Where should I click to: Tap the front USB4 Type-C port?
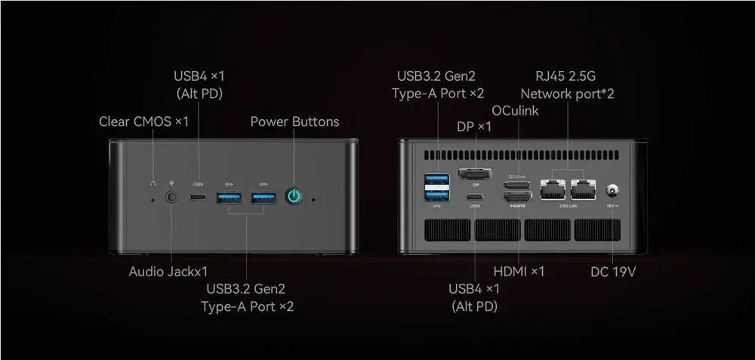[x=199, y=198]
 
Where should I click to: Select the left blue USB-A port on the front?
[x=230, y=198]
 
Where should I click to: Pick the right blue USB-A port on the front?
[x=263, y=198]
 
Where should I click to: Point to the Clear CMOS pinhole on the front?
[x=153, y=199]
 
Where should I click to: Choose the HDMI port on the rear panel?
[x=519, y=196]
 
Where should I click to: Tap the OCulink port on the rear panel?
[x=519, y=185]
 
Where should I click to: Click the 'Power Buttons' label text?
[x=294, y=122]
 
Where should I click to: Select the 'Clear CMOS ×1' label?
[x=143, y=122]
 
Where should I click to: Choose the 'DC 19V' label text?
[x=613, y=271]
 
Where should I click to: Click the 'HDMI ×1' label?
[x=519, y=271]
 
